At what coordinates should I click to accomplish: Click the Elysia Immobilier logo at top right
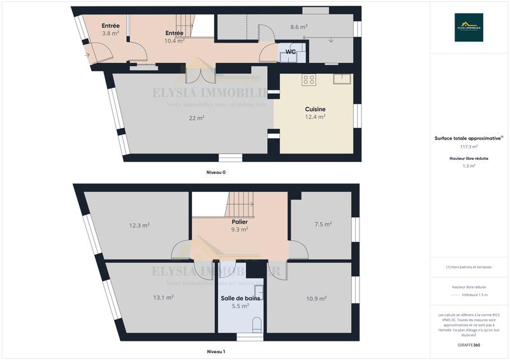(469, 27)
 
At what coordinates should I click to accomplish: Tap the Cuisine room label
(315, 109)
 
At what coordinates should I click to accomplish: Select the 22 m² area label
(196, 118)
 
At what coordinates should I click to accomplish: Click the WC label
(290, 52)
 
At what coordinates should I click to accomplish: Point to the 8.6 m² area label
(299, 27)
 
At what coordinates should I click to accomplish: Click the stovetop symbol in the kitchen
(309, 80)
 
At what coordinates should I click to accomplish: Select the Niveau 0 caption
(215, 173)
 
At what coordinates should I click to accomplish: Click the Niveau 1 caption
(215, 352)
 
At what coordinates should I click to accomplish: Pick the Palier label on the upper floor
(240, 222)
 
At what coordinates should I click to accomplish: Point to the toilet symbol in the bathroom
(257, 324)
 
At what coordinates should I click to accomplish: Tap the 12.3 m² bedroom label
(139, 225)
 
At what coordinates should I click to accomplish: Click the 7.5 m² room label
(323, 224)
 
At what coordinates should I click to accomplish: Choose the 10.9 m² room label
(316, 298)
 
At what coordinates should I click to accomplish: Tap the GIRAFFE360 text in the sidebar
(469, 344)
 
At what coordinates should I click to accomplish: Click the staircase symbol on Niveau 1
(241, 205)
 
